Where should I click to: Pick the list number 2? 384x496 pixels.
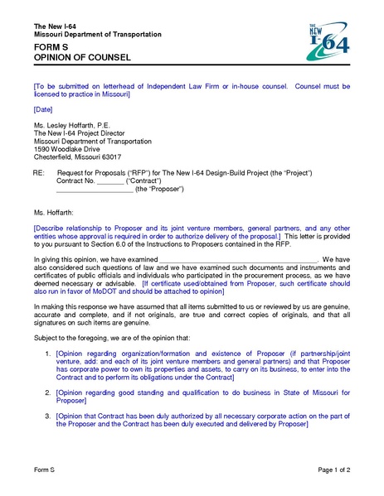47,392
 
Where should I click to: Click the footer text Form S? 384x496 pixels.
44,470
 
